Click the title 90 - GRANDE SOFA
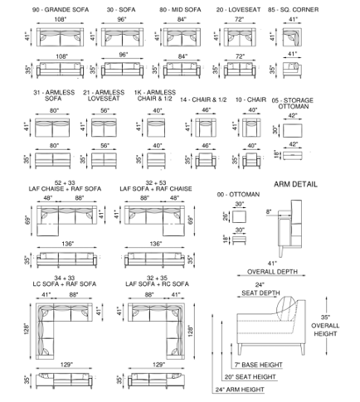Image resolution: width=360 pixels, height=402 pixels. pyautogui.click(x=61, y=10)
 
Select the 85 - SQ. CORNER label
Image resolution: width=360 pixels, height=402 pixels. pyautogui.click(x=293, y=10)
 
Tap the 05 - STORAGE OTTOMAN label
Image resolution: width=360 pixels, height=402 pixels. pyautogui.click(x=293, y=103)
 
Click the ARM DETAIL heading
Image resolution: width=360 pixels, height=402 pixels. pyautogui.click(x=295, y=184)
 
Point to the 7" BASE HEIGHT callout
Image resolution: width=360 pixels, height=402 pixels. pyautogui.click(x=259, y=365)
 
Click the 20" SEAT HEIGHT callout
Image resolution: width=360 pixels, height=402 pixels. pyautogui.click(x=250, y=377)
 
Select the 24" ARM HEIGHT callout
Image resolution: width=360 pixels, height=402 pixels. pyautogui.click(x=240, y=390)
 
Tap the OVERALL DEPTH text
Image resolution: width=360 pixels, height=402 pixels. pyautogui.click(x=272, y=272)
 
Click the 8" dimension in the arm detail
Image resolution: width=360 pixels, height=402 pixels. pyautogui.click(x=269, y=212)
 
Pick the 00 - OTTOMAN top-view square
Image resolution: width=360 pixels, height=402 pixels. pyautogui.click(x=239, y=216)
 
